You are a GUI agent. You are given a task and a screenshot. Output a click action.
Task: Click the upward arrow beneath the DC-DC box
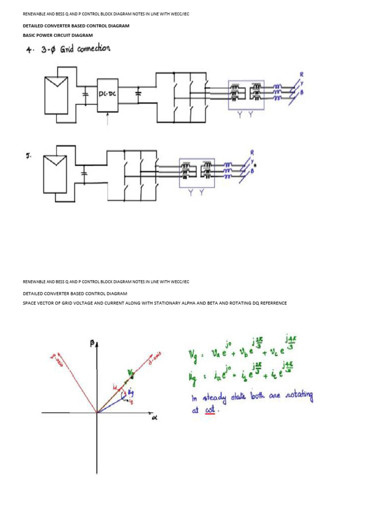(x=108, y=118)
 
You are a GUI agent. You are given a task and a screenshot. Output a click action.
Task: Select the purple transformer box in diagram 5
(x=196, y=173)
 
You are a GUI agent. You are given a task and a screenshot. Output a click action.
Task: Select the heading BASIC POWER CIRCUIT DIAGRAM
(x=58, y=36)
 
